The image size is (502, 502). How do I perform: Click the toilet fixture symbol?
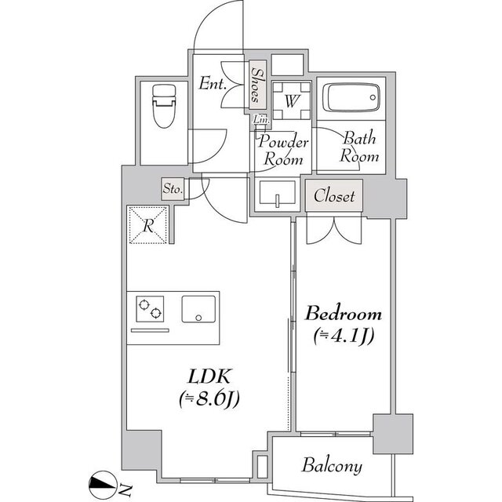164,106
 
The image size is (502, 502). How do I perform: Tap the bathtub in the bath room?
351,97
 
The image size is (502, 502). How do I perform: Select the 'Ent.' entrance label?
213,84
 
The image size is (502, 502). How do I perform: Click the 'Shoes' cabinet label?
257,85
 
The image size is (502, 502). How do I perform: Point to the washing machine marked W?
291,101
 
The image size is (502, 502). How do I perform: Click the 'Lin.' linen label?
261,119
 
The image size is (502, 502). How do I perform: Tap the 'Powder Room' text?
283,150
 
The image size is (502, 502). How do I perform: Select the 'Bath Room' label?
359,147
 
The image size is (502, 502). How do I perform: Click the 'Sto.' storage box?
173,189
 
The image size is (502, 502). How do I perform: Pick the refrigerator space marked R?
148,225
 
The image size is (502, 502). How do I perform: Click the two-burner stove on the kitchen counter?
150,308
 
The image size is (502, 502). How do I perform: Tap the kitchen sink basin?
198,309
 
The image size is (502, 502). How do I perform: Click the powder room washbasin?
277,192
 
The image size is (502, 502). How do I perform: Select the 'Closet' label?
334,195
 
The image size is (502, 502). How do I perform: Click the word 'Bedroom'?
344,314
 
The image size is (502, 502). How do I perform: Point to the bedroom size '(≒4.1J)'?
344,336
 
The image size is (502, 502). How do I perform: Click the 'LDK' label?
209,376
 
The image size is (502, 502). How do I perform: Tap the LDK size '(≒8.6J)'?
209,399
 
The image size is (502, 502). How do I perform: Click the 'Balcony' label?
332,465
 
